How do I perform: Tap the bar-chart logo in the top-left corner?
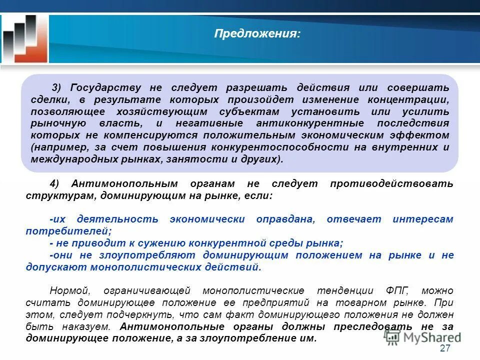tap(25, 39)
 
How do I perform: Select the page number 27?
tap(444, 348)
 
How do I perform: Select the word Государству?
tap(105, 87)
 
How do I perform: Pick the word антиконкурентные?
tap(306, 123)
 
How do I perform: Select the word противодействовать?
tap(391, 183)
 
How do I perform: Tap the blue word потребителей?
tap(67, 231)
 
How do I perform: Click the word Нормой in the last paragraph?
tap(69, 290)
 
